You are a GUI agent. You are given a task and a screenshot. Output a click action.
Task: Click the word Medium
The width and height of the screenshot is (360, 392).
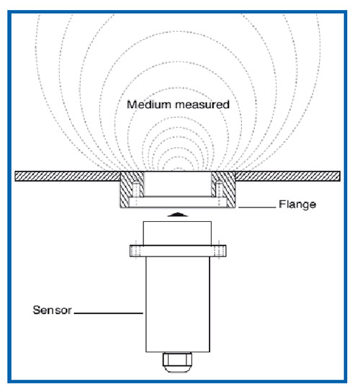[x=149, y=104]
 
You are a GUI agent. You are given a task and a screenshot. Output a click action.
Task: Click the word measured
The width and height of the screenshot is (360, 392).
[x=202, y=104]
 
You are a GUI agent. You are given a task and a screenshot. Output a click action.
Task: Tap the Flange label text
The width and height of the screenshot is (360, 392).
[x=297, y=204]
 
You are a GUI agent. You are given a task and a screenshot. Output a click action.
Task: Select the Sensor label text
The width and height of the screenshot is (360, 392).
[x=53, y=310]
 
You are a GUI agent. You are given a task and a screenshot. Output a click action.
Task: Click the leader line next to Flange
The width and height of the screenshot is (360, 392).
[x=257, y=208]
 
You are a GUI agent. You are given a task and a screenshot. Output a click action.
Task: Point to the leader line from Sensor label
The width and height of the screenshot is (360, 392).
[x=109, y=313]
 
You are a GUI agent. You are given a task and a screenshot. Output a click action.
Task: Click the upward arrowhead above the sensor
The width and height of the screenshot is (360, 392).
[x=178, y=215]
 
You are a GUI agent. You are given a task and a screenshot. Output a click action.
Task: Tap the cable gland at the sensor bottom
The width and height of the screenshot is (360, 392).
[x=177, y=362]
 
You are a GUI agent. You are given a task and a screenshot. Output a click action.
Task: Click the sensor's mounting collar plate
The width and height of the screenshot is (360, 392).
[x=178, y=251]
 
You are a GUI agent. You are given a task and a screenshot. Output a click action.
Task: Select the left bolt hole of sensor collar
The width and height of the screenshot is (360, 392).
[x=136, y=251]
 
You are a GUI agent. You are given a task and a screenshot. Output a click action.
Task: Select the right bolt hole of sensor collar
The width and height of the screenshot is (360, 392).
[x=219, y=251]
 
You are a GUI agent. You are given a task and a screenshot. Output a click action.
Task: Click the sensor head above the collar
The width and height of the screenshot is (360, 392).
[x=177, y=233]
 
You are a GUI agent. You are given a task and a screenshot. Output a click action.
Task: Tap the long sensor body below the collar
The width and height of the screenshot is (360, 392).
[x=178, y=304]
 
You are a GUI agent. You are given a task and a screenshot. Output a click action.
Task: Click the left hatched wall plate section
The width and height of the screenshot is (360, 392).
[x=68, y=177]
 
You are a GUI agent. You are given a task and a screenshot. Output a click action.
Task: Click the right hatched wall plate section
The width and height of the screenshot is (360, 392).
[x=288, y=177]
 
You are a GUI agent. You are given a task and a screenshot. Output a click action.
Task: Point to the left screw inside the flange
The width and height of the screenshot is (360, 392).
[x=136, y=191]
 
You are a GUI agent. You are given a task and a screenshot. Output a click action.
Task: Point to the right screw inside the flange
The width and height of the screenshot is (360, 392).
[x=219, y=191]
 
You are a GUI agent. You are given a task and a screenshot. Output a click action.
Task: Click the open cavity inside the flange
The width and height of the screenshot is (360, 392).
[x=178, y=184]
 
